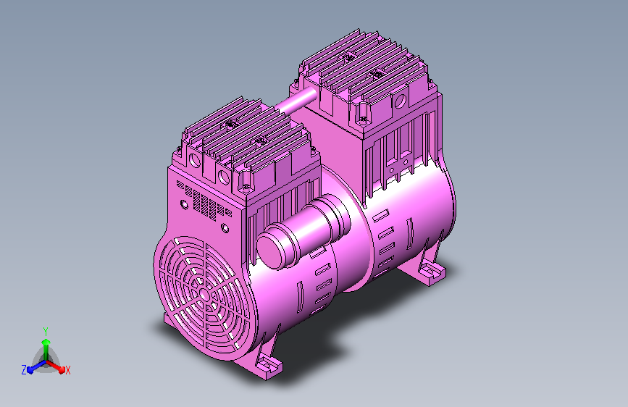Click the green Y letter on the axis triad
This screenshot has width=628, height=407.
coord(46,332)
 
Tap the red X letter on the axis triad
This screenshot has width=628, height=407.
coord(67,371)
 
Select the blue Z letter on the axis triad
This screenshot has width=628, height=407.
coord(24,370)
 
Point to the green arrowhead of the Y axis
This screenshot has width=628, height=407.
coord(46,343)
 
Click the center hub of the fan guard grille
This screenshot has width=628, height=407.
coord(204,295)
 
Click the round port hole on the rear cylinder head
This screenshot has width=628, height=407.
coord(400,100)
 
